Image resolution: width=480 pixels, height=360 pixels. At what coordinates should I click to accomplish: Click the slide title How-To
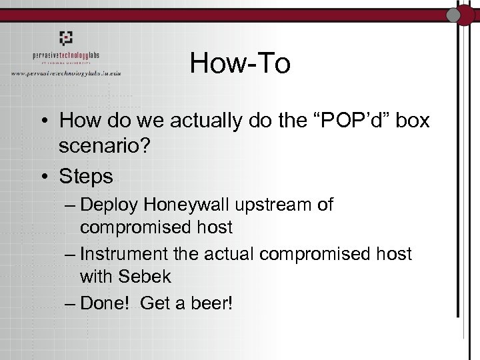click(x=240, y=63)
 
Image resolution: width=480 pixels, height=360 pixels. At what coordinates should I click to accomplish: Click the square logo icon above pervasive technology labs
click(x=67, y=37)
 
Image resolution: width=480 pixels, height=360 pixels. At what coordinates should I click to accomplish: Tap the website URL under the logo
click(x=74, y=72)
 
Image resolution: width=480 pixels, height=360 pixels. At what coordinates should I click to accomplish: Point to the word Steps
click(x=86, y=177)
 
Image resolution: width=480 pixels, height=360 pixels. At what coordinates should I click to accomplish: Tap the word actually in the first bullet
click(x=204, y=121)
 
